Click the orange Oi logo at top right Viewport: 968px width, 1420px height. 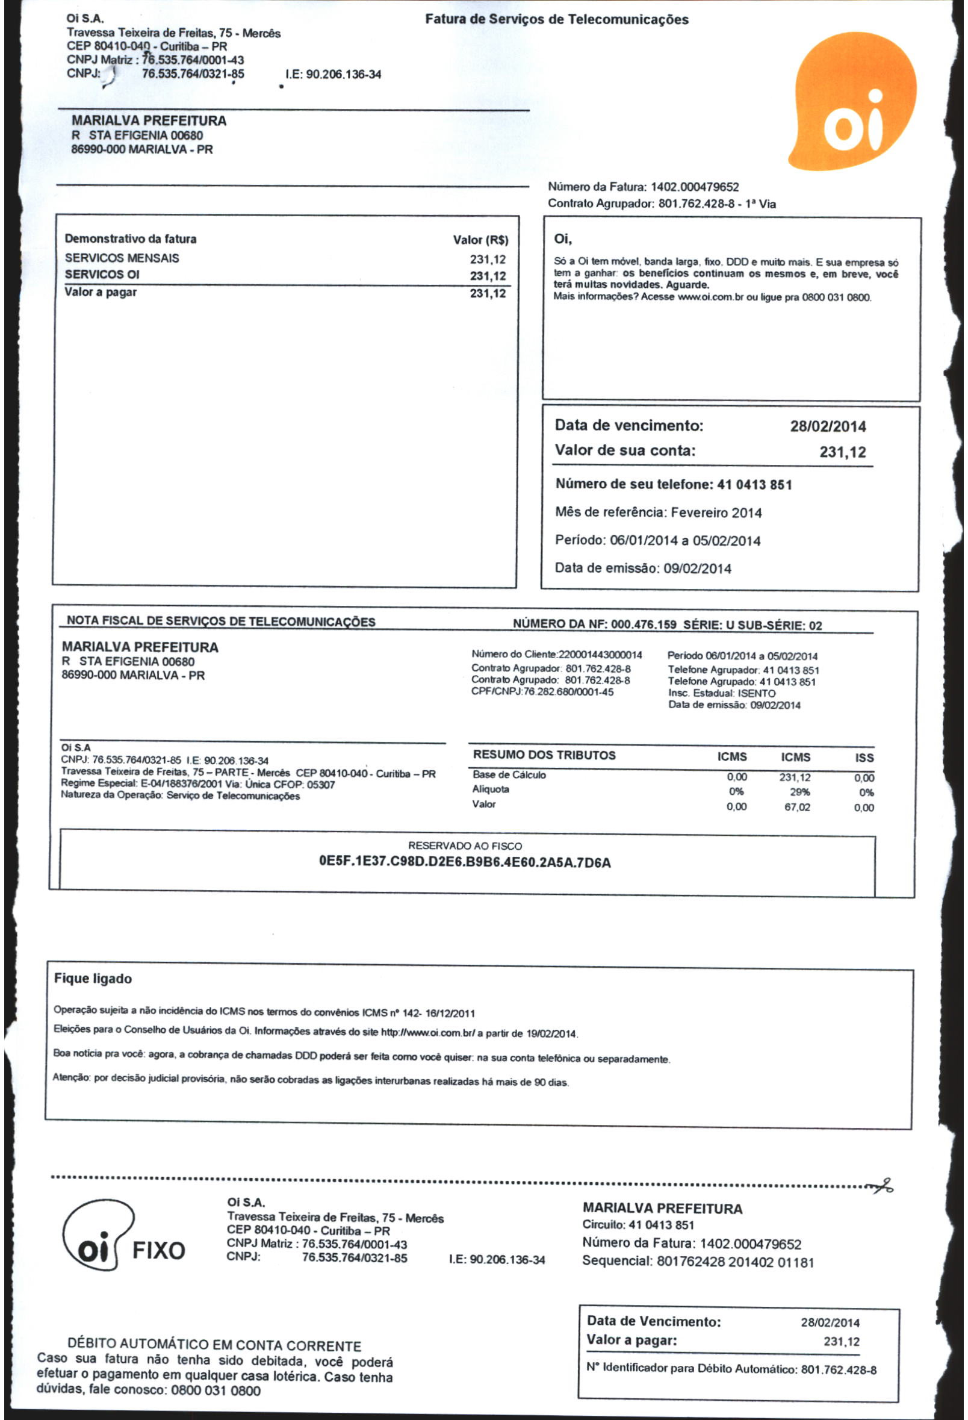[x=852, y=102]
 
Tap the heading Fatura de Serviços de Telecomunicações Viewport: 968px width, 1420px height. [x=556, y=19]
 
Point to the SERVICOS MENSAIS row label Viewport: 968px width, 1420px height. [x=122, y=258]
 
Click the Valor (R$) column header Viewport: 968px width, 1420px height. [x=480, y=240]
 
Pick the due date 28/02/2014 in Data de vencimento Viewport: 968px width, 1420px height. [x=828, y=426]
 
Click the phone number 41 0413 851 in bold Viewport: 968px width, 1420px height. [x=754, y=485]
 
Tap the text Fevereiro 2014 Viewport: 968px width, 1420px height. [x=716, y=512]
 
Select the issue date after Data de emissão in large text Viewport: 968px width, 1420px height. [x=698, y=569]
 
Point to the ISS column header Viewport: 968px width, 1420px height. [x=864, y=758]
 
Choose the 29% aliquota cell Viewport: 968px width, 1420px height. [x=799, y=793]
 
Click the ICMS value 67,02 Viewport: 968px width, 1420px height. [x=797, y=808]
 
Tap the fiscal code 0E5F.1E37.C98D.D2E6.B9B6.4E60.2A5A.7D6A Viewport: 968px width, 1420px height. [x=465, y=863]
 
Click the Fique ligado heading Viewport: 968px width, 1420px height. [x=93, y=979]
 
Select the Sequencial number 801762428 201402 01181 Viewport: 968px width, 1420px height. [x=735, y=1262]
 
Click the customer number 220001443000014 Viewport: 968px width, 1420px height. [x=600, y=655]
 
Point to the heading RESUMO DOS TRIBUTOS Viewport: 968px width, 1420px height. [x=544, y=755]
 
